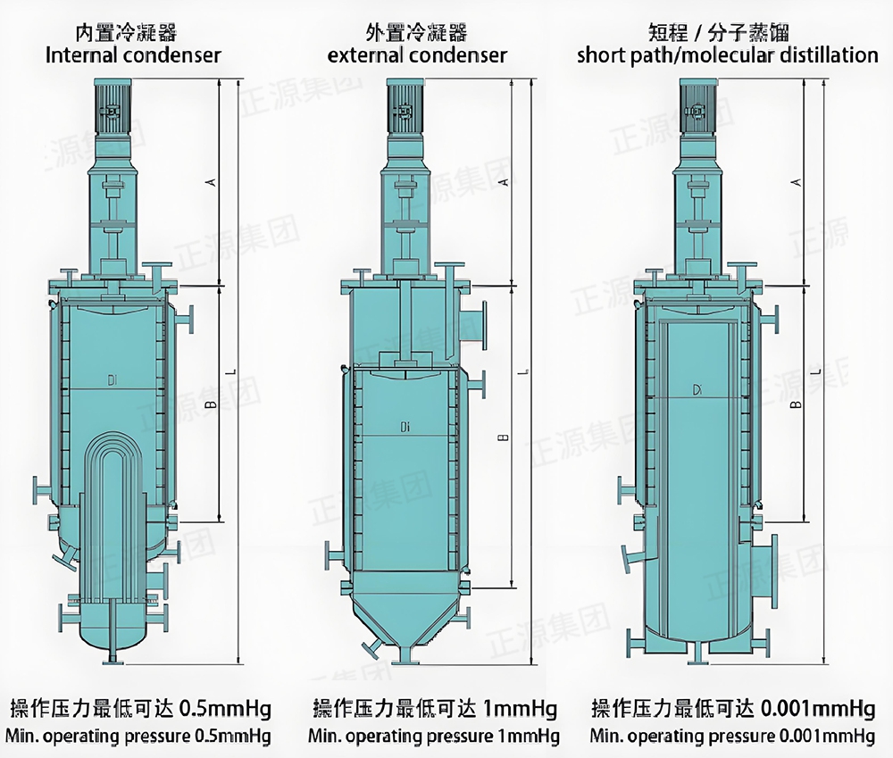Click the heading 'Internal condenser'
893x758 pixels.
tap(133, 55)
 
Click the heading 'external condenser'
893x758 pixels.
tap(417, 55)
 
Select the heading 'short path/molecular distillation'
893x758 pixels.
tap(727, 55)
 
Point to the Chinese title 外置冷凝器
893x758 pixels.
tap(416, 33)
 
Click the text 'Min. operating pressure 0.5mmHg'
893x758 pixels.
tap(138, 737)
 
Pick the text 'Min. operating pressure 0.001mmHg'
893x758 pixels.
tap(731, 737)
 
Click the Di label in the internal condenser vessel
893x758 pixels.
tap(113, 381)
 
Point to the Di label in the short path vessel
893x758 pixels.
tap(697, 388)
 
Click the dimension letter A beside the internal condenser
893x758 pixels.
tap(212, 182)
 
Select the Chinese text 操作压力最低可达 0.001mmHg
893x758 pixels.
tap(732, 710)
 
